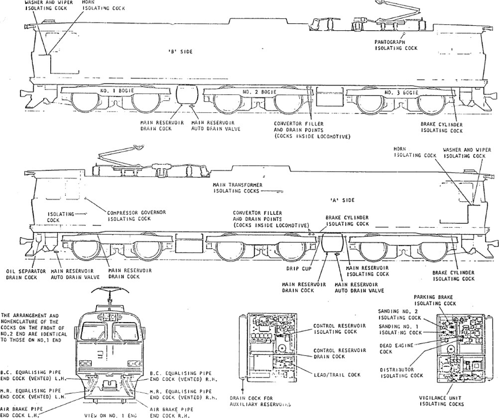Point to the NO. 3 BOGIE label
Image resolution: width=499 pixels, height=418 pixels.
402,93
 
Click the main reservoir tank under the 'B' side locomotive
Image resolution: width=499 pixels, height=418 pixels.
188,95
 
